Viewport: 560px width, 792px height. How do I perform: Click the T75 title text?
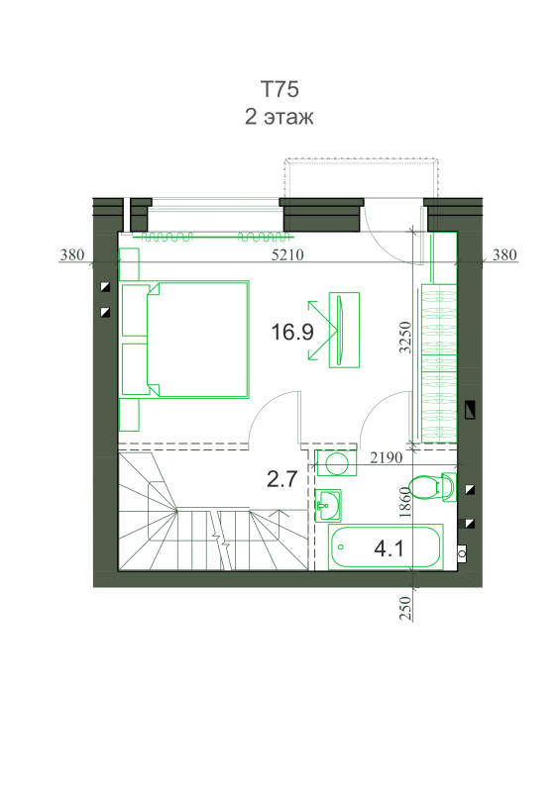click(280, 89)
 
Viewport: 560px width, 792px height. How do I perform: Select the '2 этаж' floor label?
click(280, 117)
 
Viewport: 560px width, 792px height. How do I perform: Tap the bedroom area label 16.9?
click(292, 332)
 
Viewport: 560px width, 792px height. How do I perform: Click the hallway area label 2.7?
click(281, 479)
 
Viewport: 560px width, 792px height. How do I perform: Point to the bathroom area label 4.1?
click(389, 548)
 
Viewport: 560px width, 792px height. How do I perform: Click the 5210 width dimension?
click(287, 254)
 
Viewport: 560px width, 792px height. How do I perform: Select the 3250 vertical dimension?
click(405, 337)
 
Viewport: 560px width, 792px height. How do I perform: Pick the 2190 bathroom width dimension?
click(387, 457)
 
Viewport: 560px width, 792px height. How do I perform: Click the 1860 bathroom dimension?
click(404, 502)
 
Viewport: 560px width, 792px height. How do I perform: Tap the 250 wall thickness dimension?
click(405, 608)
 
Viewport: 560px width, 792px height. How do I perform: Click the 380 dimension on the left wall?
click(72, 254)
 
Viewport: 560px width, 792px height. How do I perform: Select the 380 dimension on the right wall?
click(504, 254)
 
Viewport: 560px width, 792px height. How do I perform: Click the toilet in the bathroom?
click(432, 487)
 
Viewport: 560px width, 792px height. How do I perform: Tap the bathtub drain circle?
click(341, 547)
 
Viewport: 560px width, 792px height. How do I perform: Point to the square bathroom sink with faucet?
click(328, 505)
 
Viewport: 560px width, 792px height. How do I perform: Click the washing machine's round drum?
click(336, 463)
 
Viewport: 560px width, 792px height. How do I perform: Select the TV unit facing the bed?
click(344, 330)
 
